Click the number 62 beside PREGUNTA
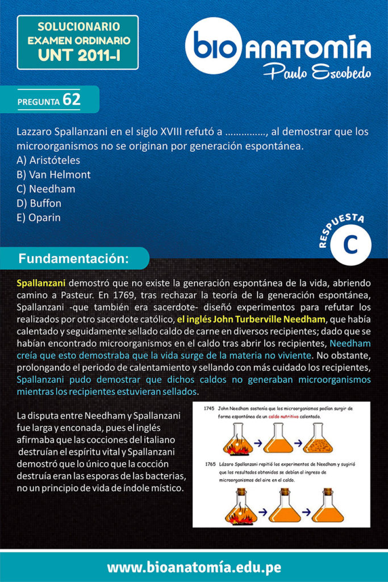[72, 99]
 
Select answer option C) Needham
[46, 189]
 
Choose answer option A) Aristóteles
[48, 160]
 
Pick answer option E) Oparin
[39, 218]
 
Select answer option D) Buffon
[39, 203]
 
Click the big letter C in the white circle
[351, 246]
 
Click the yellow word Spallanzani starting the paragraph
[41, 282]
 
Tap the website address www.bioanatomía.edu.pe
[194, 567]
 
